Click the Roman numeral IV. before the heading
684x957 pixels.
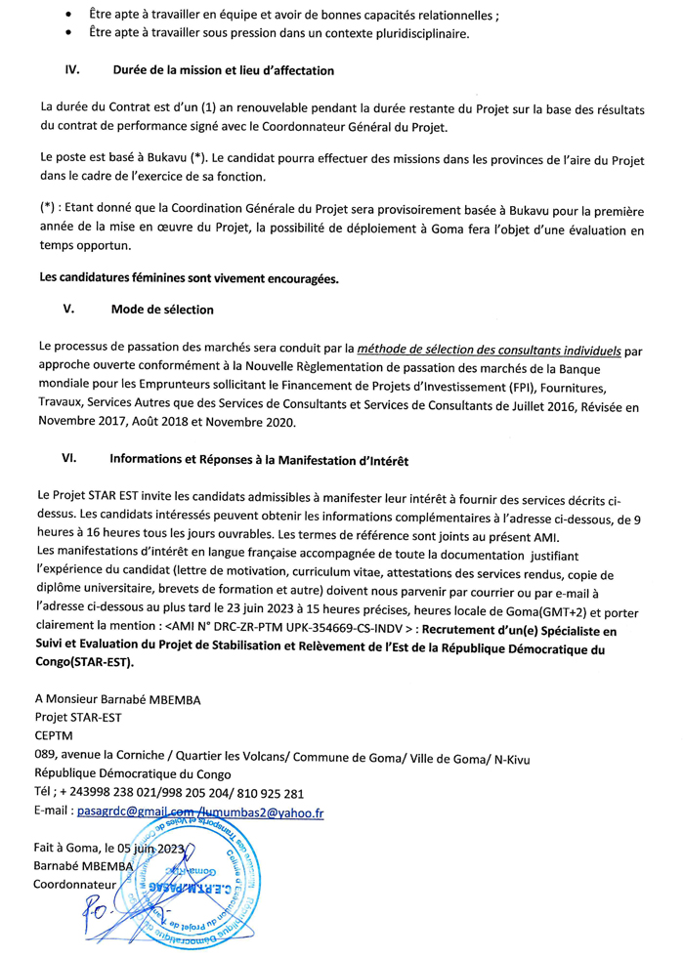pyautogui.click(x=71, y=71)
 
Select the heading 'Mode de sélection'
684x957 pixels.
pyautogui.click(x=163, y=311)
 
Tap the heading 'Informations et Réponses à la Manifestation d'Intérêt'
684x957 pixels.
pyautogui.click(x=259, y=457)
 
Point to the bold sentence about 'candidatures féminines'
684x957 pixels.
pyautogui.click(x=189, y=278)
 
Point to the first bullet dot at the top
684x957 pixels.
pyautogui.click(x=66, y=18)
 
